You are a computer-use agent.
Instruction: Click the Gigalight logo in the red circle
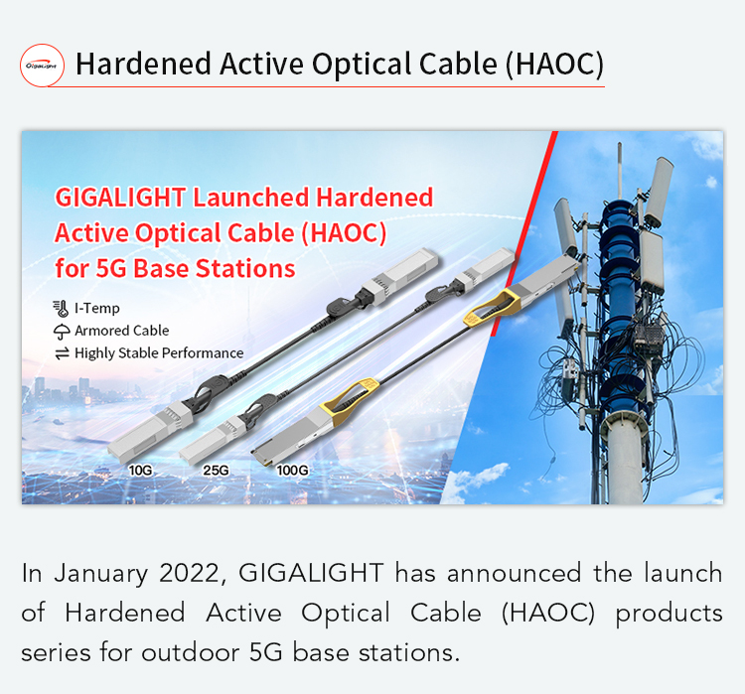pos(42,66)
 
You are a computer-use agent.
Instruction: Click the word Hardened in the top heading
pos(143,65)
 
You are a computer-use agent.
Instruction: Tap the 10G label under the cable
pos(140,471)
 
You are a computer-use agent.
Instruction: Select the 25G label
pos(216,471)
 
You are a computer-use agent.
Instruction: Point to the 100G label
pos(292,471)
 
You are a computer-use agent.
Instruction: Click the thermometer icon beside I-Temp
pos(61,309)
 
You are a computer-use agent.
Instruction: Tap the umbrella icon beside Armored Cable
pos(62,332)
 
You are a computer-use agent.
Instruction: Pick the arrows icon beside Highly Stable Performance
pos(62,353)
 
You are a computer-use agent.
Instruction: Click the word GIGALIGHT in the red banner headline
pos(120,198)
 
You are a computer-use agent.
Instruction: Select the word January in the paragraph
pos(100,573)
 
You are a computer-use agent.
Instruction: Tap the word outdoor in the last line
pos(190,652)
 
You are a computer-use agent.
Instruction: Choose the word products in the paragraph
pos(669,614)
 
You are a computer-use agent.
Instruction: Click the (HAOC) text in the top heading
pos(554,65)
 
